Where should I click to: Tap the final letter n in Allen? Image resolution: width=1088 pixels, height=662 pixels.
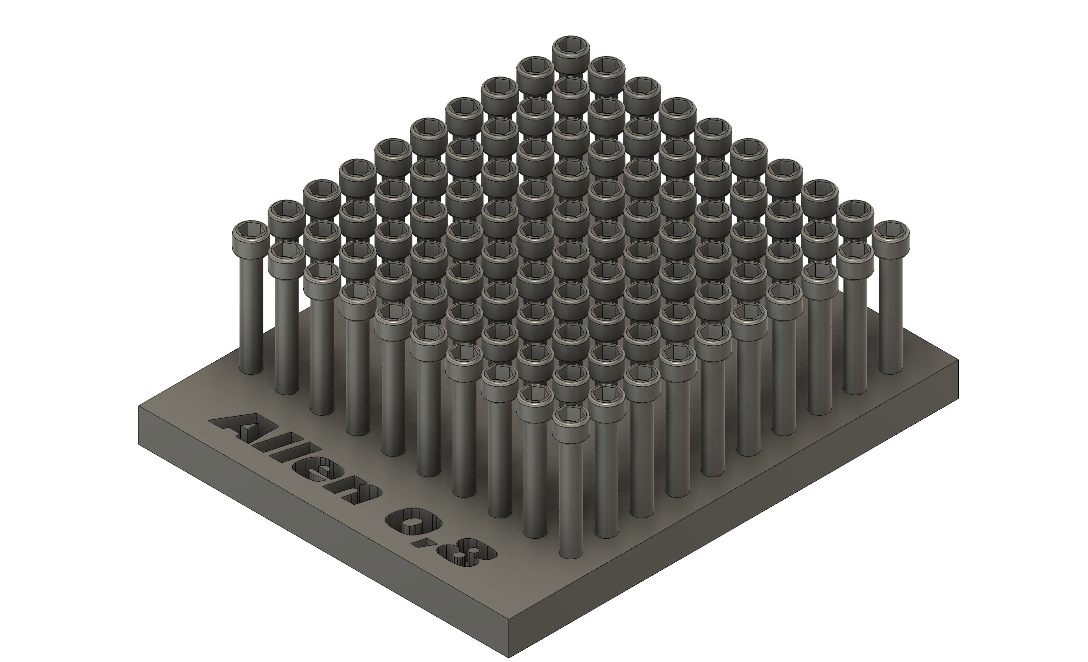pyautogui.click(x=353, y=493)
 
